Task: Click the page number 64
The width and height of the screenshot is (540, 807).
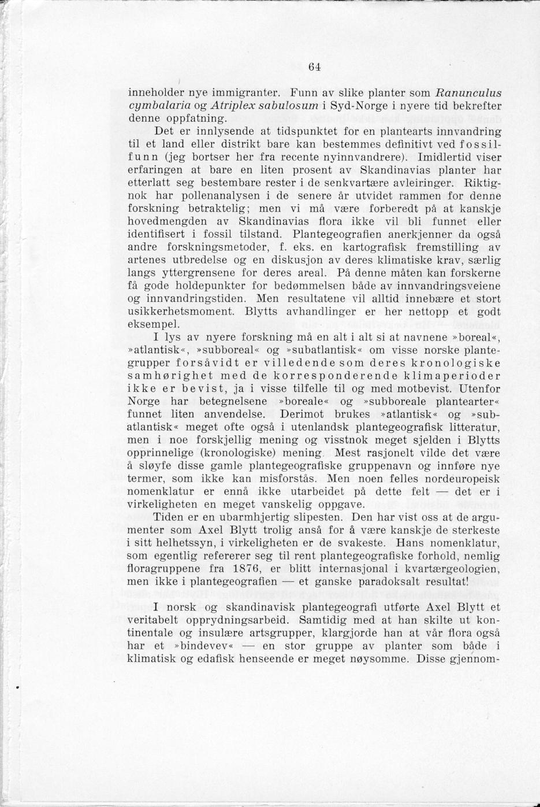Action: (314, 66)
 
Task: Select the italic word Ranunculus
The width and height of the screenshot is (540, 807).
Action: (468, 92)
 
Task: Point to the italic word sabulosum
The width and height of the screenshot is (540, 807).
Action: (288, 105)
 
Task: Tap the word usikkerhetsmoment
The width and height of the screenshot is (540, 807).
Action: (181, 312)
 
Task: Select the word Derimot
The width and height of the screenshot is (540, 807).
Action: (303, 414)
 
